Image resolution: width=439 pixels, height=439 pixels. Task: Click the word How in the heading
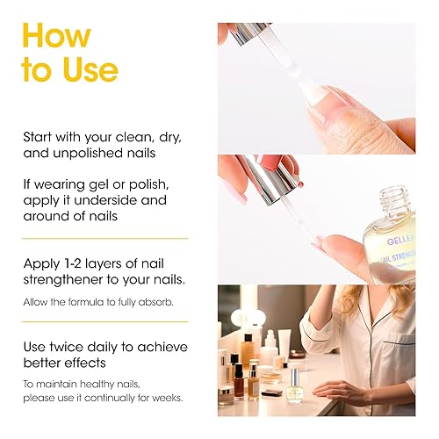coord(56,36)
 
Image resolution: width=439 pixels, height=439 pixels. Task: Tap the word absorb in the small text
coord(153,302)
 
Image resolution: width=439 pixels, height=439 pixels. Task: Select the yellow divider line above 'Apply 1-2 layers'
coord(104,239)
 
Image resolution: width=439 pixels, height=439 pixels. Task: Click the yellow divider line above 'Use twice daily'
coord(104,324)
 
